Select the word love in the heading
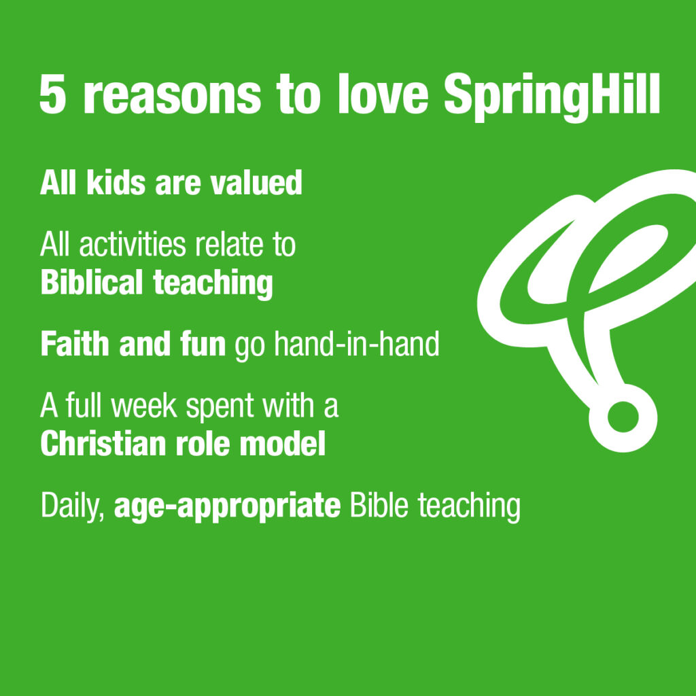pos(383,96)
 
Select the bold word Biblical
pos(92,283)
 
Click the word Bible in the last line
pos(379,506)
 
